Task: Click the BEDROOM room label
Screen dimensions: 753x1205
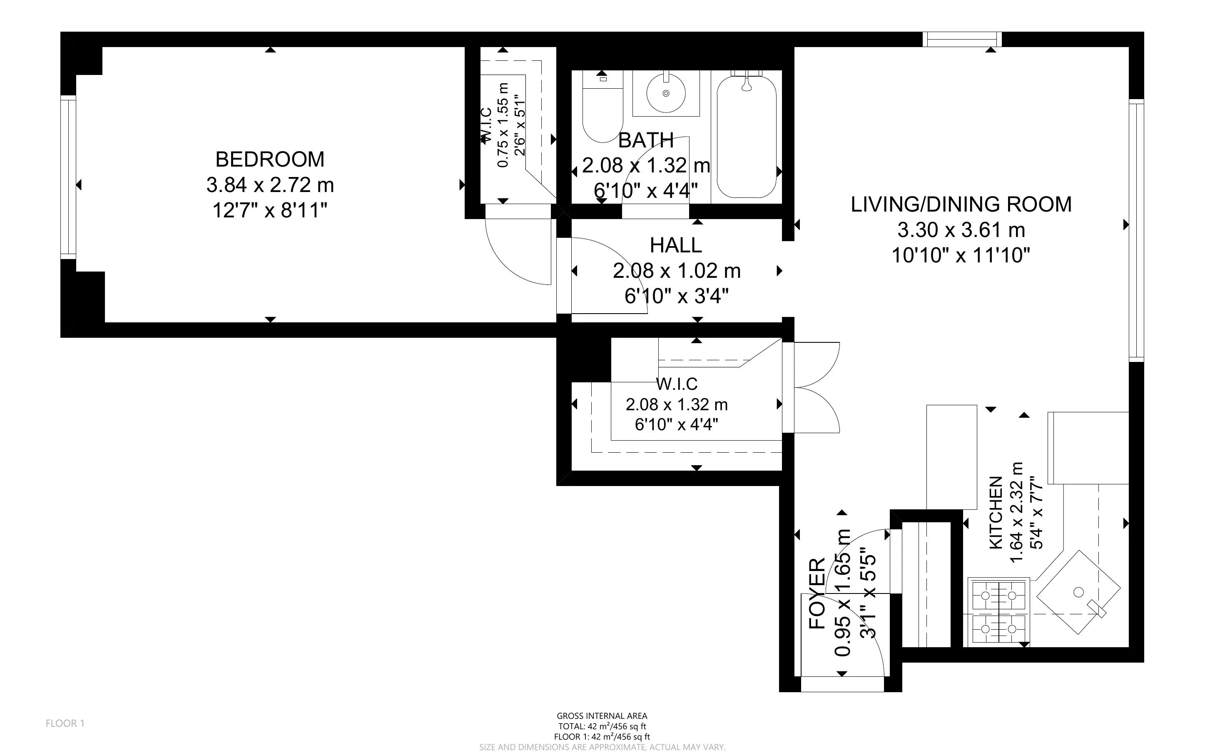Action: pos(270,160)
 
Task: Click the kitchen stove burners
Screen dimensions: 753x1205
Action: pos(998,611)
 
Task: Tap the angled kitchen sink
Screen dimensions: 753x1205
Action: pos(1078,592)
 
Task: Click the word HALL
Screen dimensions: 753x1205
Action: pos(675,246)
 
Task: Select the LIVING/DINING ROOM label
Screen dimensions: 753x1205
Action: pos(961,204)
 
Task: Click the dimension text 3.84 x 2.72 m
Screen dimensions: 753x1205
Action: pos(270,185)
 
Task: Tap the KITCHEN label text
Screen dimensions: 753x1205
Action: pos(996,513)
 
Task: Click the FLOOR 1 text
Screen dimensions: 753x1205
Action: pos(65,723)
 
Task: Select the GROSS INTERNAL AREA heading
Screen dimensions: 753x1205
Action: pos(602,716)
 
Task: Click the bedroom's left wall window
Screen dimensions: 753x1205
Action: pos(68,177)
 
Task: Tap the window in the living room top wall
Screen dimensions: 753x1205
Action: pos(961,39)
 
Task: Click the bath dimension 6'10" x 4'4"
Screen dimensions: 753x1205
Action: pos(645,191)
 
